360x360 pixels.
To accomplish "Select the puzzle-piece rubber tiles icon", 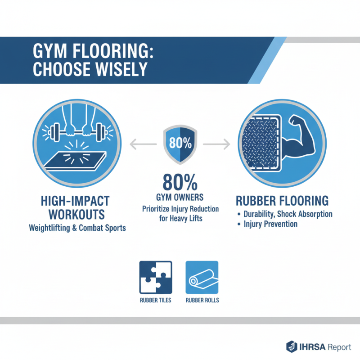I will pyautogui.click(x=156, y=277).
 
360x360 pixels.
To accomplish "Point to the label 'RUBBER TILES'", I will pyautogui.click(x=156, y=300).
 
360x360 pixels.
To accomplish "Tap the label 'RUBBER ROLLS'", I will pyautogui.click(x=202, y=300).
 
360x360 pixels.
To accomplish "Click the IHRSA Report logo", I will pyautogui.click(x=318, y=346).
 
